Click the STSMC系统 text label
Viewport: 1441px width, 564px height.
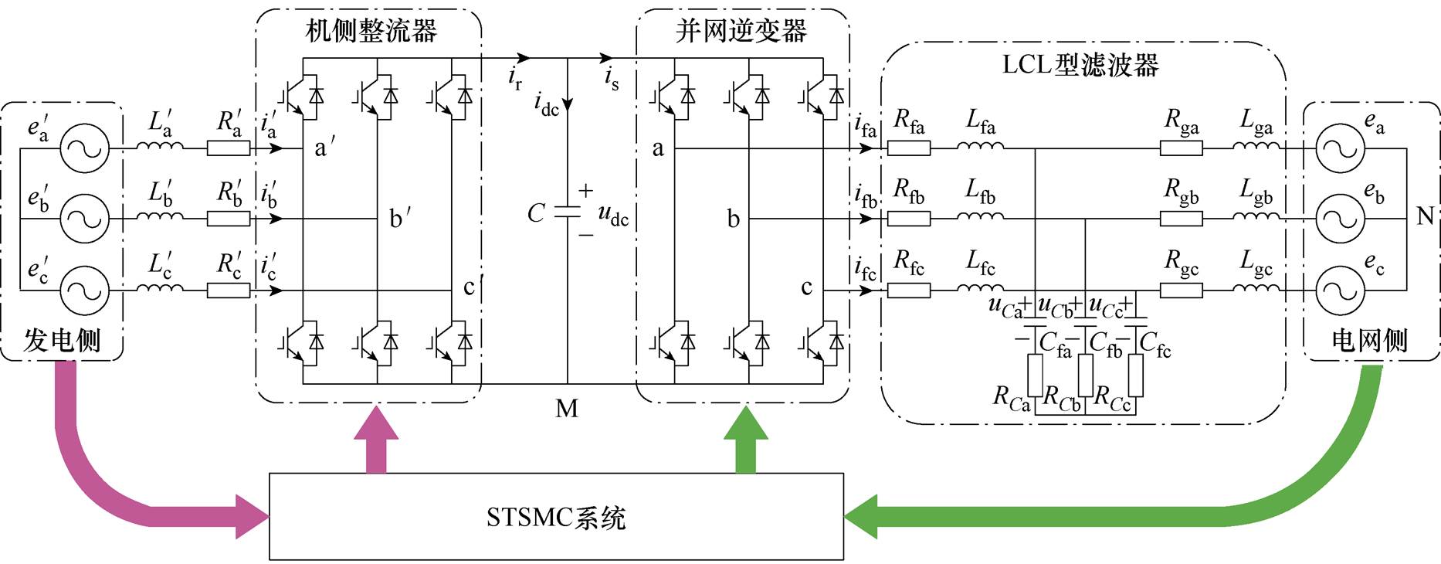(555, 517)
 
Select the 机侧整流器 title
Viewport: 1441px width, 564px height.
(371, 31)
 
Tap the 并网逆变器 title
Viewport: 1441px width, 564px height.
(741, 31)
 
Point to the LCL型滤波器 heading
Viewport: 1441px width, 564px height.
(1080, 65)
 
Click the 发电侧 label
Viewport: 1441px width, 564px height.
(62, 340)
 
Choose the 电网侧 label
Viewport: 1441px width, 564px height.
(1369, 340)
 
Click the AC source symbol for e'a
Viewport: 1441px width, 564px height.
(85, 148)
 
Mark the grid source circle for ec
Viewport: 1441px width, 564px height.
(1340, 290)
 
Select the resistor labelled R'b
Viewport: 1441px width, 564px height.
(229, 219)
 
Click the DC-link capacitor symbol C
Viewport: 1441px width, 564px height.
(568, 212)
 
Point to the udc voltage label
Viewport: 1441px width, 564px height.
(613, 215)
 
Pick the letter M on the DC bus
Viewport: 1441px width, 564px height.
(567, 409)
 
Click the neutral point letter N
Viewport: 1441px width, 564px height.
(1426, 216)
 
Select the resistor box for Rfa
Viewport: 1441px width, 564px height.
(909, 148)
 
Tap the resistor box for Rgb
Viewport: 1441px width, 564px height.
(1182, 219)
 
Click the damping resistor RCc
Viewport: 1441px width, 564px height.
(1135, 375)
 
